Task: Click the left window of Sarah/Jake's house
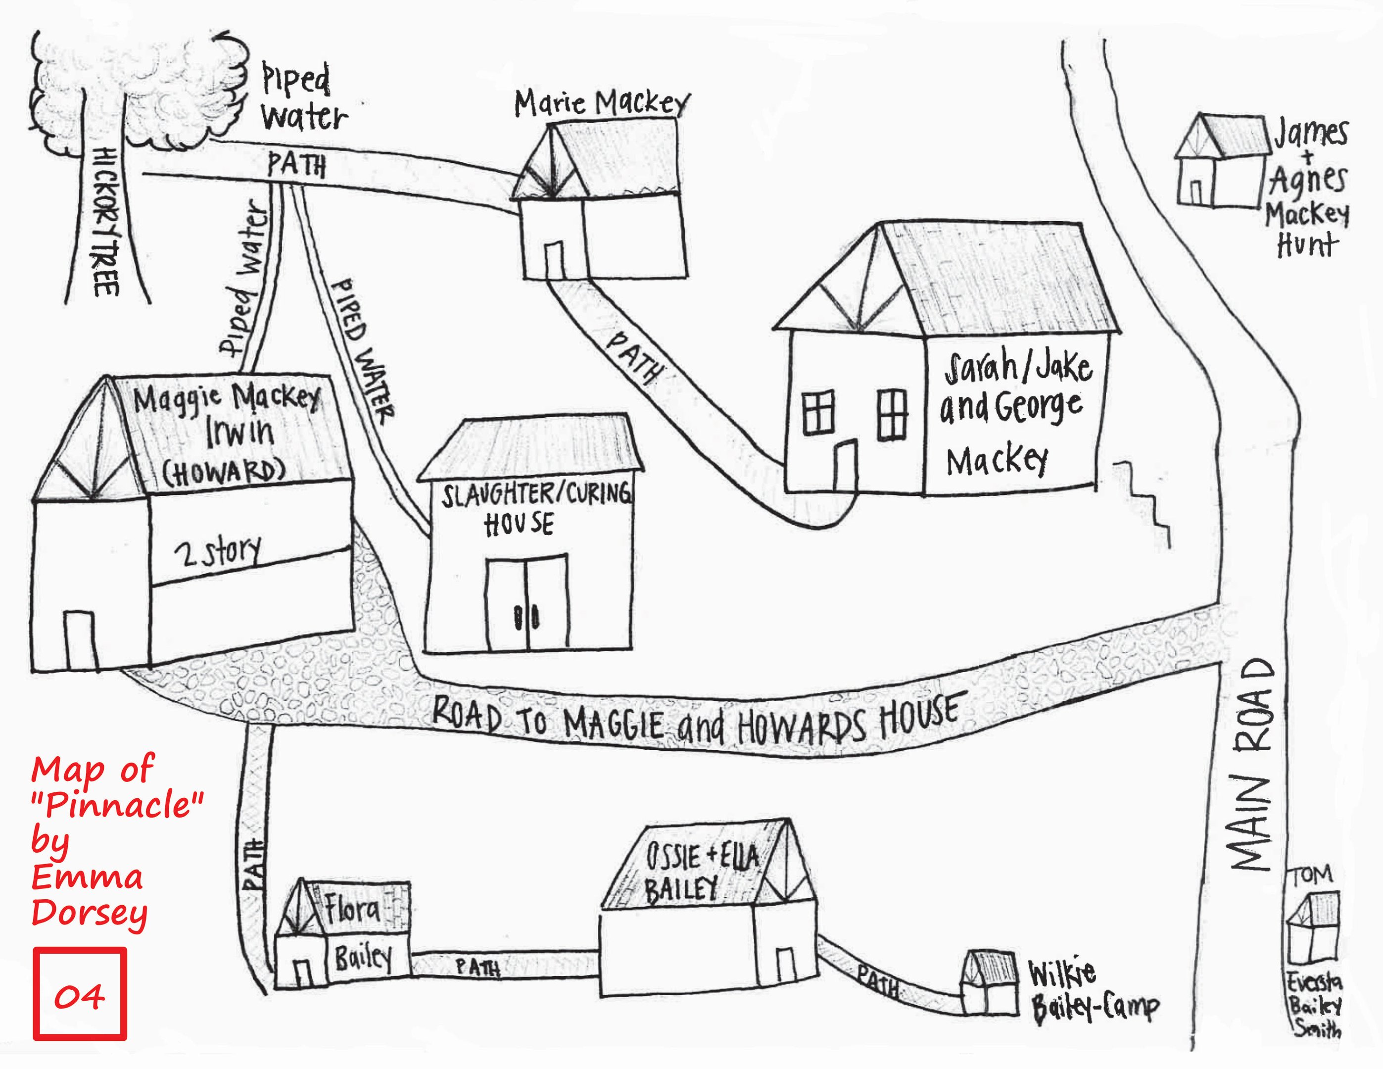(818, 412)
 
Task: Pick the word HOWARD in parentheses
(224, 471)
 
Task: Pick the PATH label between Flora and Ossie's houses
(477, 967)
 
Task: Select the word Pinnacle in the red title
(118, 804)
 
